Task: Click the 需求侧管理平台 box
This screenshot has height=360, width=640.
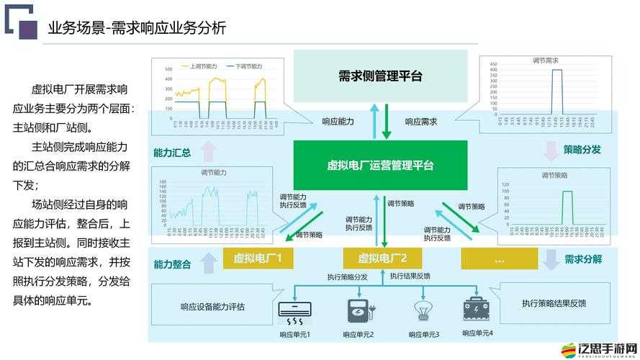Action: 380,76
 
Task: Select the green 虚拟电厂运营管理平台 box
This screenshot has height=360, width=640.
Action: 380,165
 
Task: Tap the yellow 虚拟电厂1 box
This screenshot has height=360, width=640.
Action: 258,258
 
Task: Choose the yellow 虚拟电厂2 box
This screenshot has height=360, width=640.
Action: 382,258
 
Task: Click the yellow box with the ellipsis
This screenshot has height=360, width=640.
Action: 499,258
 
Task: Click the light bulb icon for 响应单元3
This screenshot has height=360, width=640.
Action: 423,310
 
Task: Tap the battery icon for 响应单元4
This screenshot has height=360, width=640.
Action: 477,309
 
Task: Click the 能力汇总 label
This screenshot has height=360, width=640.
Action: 172,153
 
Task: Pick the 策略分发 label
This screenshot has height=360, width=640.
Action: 582,150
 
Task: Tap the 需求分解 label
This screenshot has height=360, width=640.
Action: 583,259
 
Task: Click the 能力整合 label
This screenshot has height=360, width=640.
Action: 172,264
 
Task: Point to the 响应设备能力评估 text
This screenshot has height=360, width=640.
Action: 212,307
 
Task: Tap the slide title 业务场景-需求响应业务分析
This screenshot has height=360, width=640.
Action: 137,28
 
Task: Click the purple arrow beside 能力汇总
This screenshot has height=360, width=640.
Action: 209,151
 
